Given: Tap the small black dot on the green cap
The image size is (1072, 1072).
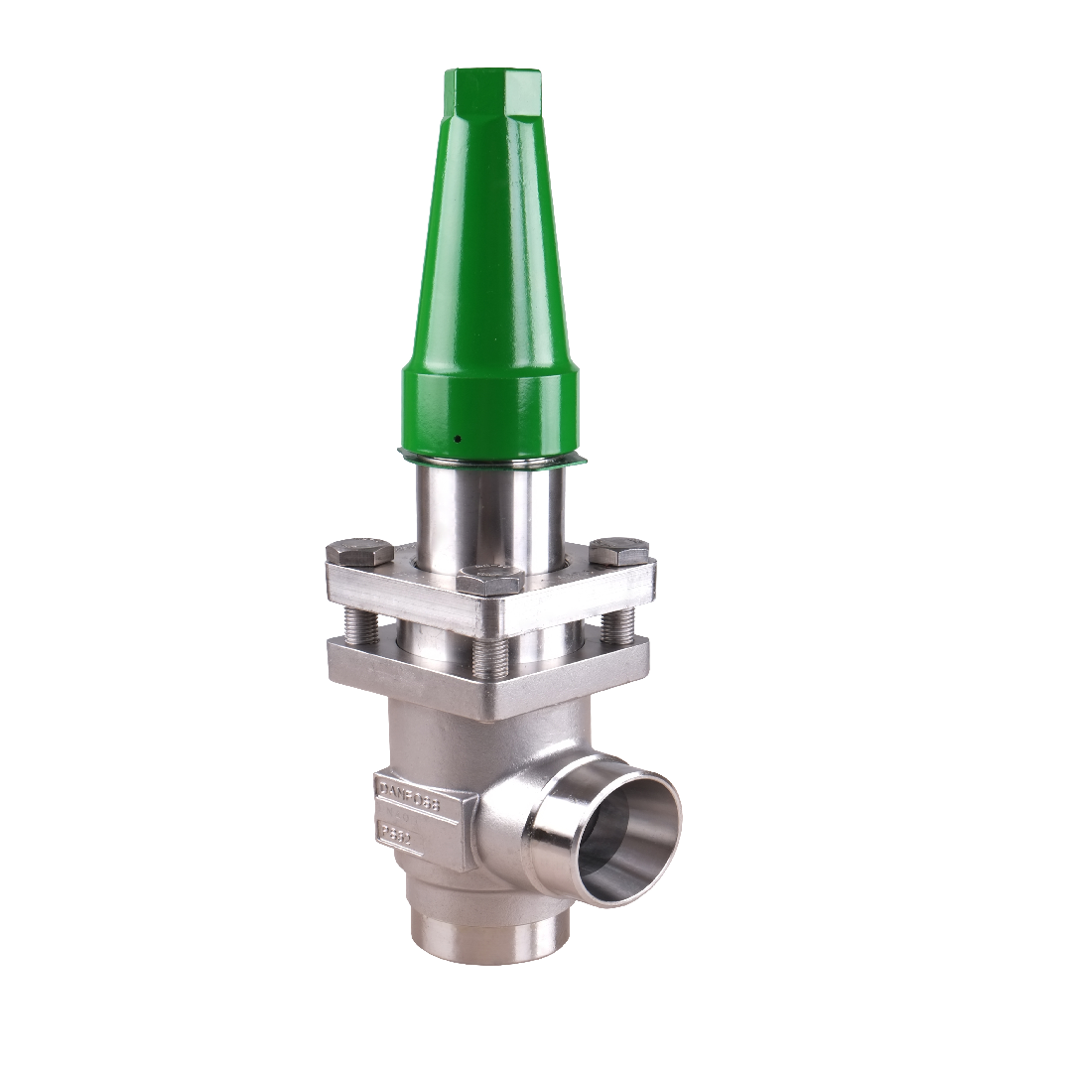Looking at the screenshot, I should click(x=457, y=438).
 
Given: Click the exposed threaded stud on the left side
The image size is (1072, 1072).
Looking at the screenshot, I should click(x=359, y=624).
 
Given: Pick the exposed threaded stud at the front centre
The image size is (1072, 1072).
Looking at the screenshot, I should click(x=489, y=655).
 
